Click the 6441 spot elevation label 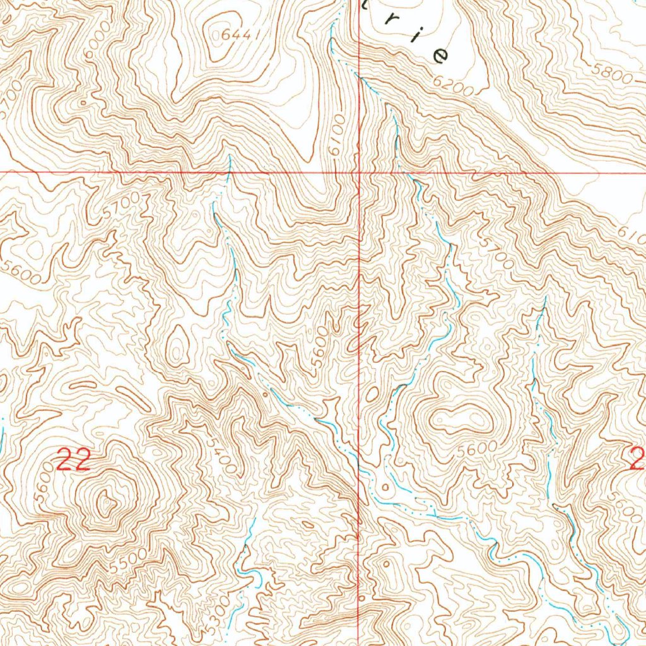(241, 36)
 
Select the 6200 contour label (452, 86)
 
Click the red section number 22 (73, 461)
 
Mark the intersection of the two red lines (359, 172)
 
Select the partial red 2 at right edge (637, 459)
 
